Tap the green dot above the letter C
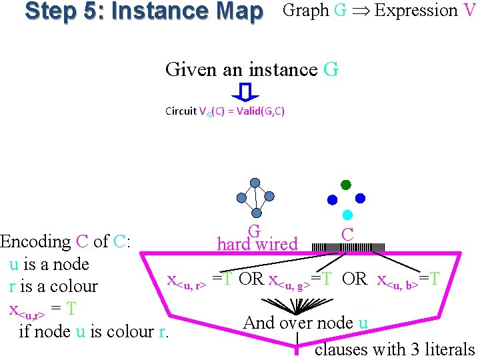coord(346,185)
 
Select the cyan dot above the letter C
coord(347,215)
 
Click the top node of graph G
coord(255,183)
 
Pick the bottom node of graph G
coord(256,212)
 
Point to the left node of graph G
coord(241,197)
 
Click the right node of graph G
coord(270,196)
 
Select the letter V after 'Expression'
coord(469,11)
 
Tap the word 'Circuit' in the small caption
coord(181,111)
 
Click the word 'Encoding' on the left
coord(36,241)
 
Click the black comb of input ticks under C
coord(348,247)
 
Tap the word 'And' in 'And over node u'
coord(258,323)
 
